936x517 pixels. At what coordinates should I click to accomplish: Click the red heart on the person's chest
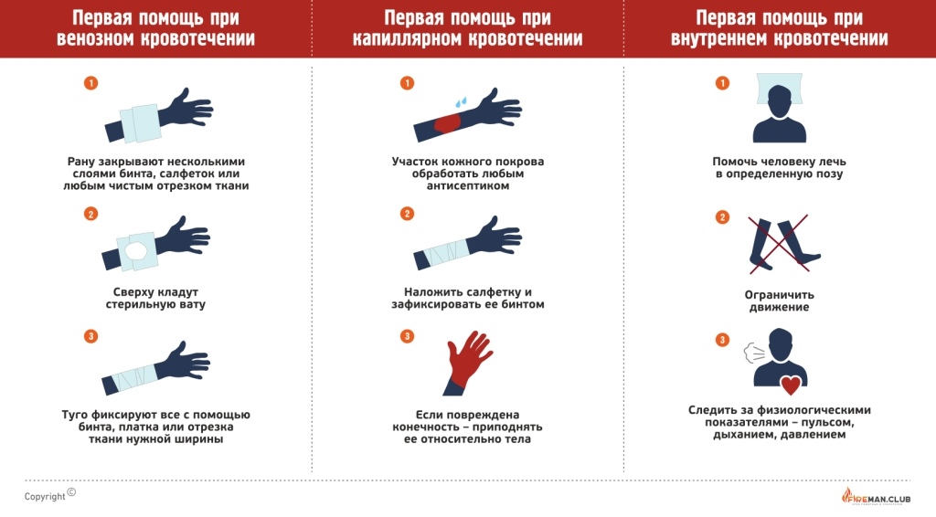(x=791, y=385)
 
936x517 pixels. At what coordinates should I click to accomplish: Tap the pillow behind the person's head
(x=780, y=89)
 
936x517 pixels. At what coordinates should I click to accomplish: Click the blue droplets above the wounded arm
(x=461, y=102)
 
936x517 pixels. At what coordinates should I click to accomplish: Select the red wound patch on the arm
(x=446, y=123)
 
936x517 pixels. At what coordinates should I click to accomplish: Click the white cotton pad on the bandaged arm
(x=135, y=251)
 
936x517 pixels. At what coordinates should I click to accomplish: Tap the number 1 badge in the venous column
(x=90, y=83)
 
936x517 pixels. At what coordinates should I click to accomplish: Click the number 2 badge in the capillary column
(x=407, y=214)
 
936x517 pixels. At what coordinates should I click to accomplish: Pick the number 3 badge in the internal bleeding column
(x=722, y=340)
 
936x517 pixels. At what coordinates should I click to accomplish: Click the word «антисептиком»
(x=467, y=186)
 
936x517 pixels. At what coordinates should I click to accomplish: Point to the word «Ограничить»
(x=779, y=294)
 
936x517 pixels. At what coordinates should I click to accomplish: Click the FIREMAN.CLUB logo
(x=876, y=496)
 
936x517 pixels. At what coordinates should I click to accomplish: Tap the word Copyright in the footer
(x=45, y=497)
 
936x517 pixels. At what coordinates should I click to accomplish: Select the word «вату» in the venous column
(x=192, y=305)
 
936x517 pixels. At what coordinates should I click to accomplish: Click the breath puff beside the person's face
(x=754, y=353)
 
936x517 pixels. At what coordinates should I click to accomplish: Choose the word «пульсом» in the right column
(x=828, y=423)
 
